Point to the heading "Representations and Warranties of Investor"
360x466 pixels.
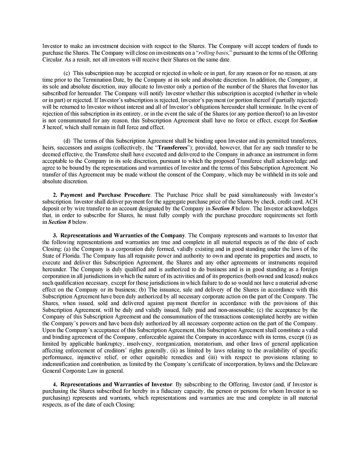117,384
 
